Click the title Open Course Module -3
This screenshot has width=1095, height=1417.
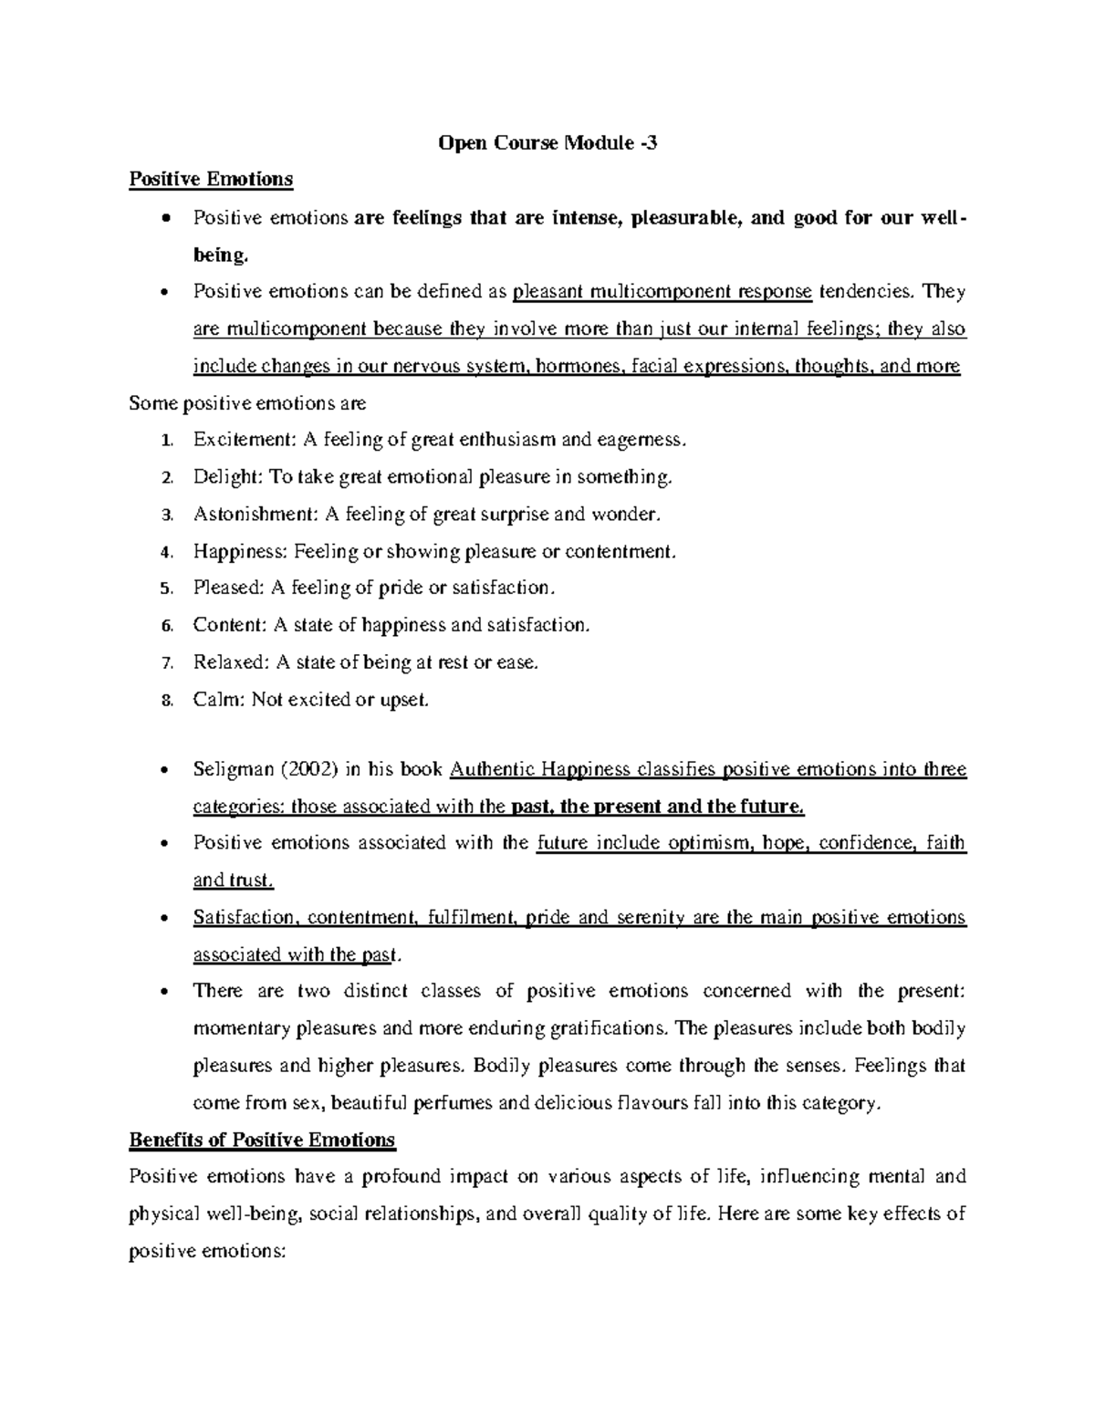pos(547,142)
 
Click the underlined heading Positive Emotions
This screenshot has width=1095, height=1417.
pos(211,179)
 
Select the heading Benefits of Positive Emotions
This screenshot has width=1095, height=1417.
pos(262,1140)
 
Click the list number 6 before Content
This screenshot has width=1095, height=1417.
pos(165,626)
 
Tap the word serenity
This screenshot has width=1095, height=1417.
pos(650,917)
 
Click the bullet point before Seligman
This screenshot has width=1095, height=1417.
pos(164,770)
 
